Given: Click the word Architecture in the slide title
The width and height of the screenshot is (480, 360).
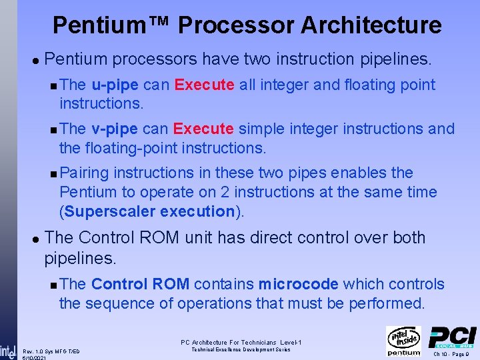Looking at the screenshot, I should click(371, 25).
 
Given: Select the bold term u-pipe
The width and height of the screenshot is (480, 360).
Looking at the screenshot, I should click(115, 85).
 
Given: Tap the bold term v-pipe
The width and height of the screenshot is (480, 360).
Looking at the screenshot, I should click(115, 129).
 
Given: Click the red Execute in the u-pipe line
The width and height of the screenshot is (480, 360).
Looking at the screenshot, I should click(204, 85).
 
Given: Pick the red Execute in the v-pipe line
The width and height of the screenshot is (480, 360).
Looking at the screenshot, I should click(203, 129).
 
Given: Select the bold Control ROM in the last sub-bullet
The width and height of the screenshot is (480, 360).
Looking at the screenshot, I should click(141, 284).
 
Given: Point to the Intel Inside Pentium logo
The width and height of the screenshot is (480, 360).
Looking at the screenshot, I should click(403, 341).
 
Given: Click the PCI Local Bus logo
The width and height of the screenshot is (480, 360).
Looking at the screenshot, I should click(452, 337).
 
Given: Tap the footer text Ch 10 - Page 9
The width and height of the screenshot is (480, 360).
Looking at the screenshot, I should click(453, 354).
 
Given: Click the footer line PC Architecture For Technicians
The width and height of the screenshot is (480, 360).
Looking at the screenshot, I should click(241, 343).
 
